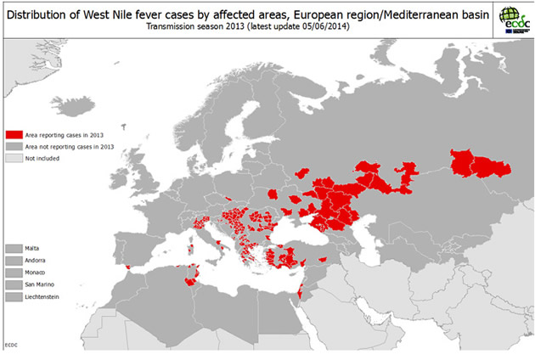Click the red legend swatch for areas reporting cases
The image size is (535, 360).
coord(14,134)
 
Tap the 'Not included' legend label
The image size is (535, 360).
coord(42,158)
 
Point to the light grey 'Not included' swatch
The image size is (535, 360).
coord(14,158)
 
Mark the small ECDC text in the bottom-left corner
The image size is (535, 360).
coord(10,344)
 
